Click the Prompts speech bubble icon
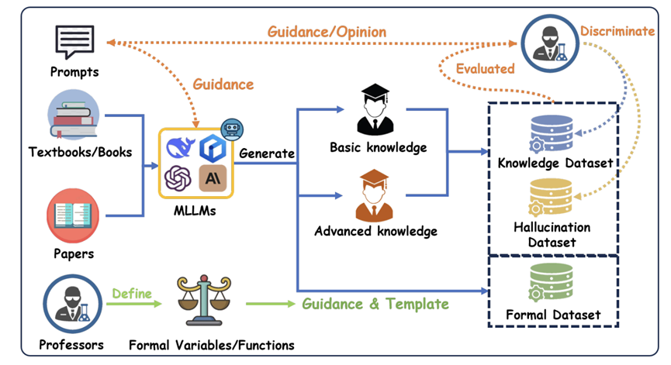point(75,41)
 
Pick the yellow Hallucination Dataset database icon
point(552,197)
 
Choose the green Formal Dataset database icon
point(552,283)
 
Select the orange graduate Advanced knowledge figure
point(375,196)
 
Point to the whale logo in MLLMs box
point(178,146)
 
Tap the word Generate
point(267,153)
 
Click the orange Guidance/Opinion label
point(327,32)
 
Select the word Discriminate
point(617,31)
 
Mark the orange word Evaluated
point(485,69)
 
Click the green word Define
point(133,294)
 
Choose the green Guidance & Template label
point(375,304)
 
